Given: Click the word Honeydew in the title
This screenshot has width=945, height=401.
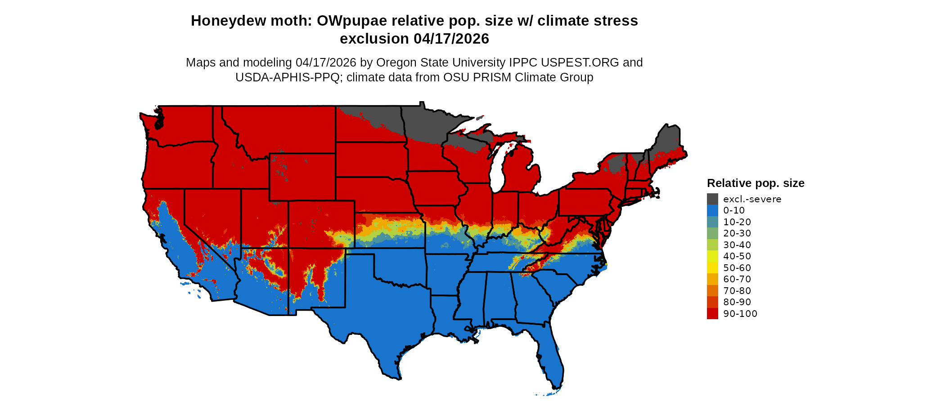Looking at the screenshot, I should [x=221, y=21].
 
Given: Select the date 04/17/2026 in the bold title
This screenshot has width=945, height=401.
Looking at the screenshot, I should [x=451, y=39].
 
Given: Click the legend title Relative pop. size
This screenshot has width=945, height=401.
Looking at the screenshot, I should [x=756, y=183].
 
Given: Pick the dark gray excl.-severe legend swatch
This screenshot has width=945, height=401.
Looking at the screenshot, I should [x=712, y=199].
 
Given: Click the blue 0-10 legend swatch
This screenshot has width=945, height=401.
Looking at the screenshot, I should [x=712, y=210].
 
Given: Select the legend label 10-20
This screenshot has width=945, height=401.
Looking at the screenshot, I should [x=737, y=222].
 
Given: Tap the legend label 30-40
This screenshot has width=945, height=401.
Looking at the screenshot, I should [x=737, y=245].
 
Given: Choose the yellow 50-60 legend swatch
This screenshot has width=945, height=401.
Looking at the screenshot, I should [x=712, y=268].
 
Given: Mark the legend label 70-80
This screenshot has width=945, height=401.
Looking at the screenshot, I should [x=737, y=291].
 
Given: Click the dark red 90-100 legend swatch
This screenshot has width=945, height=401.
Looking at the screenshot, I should [x=712, y=314].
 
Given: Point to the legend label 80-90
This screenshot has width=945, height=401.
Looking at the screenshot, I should [x=737, y=302].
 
